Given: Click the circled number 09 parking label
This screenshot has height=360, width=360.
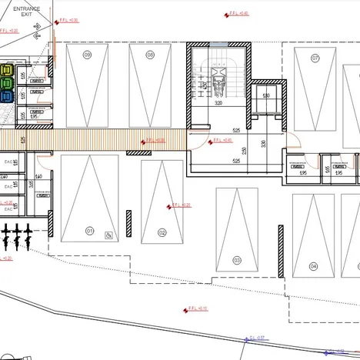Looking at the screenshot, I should coord(88,55).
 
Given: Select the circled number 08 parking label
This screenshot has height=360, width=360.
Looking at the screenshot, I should coord(150,55).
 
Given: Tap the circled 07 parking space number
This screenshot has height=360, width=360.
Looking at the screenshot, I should coord(315,58).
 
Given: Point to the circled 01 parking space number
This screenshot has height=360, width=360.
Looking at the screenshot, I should coord(89,230).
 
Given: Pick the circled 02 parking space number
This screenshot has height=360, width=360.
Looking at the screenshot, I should coord(162,232).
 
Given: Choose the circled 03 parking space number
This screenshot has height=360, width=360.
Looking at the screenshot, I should coord(237,261).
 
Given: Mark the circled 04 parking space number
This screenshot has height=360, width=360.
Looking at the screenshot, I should coord(314,266).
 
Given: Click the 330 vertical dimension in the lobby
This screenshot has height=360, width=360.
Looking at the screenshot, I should coord(263,144).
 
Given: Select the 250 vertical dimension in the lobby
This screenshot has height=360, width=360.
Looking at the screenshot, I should coord(244,151).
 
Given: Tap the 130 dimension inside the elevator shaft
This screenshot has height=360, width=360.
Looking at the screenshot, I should coord(266,95).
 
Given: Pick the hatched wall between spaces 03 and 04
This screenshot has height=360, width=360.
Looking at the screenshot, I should coord(281,250).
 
